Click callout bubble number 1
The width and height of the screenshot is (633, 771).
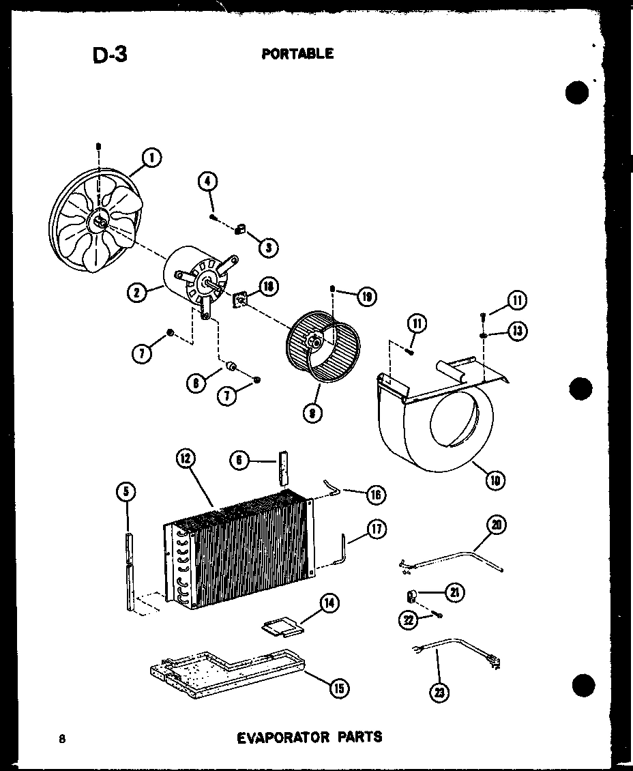(151, 158)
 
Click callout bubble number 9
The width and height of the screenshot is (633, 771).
(312, 413)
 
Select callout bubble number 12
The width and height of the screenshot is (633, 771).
(185, 459)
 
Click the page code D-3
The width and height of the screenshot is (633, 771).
(110, 55)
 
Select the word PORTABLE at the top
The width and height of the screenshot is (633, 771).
(297, 53)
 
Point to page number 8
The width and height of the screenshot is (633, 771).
(62, 738)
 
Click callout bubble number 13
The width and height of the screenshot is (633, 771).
(518, 332)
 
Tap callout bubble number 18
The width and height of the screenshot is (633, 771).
(269, 286)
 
